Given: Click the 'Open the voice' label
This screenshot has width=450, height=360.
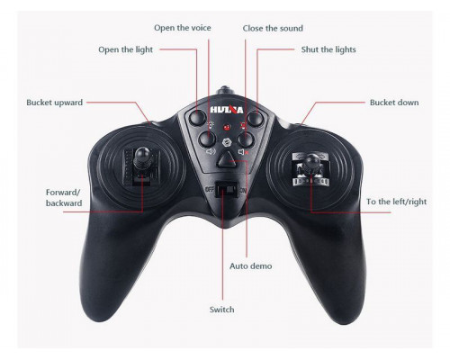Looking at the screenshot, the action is (x=183, y=28).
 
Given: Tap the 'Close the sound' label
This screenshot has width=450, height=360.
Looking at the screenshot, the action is (x=273, y=29).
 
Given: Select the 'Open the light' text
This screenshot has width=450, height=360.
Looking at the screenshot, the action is (x=125, y=49).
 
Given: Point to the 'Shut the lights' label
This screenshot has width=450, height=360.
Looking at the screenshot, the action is (x=328, y=49).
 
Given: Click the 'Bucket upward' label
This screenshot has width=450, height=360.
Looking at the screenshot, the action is (x=54, y=103).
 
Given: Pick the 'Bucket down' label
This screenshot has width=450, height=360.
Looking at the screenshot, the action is (x=394, y=103).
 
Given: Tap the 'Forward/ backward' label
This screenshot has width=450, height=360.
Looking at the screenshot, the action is (x=64, y=198).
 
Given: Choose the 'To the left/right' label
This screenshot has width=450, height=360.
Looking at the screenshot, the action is (x=396, y=202).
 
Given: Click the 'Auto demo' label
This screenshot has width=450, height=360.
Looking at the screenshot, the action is (x=251, y=266).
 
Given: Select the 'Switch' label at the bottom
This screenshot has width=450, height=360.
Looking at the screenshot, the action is (x=222, y=310).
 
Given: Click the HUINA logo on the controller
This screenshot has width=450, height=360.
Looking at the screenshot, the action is (x=227, y=109).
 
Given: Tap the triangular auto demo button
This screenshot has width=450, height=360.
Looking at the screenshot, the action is (x=227, y=158).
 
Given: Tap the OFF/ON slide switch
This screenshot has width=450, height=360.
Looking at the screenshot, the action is (x=227, y=190).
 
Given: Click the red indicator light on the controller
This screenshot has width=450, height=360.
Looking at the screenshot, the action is (x=227, y=127).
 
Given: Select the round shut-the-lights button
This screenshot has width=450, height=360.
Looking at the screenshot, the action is (x=256, y=119).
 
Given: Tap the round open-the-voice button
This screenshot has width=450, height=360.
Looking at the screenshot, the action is (x=208, y=139).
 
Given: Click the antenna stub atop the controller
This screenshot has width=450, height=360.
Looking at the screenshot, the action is (x=225, y=90).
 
